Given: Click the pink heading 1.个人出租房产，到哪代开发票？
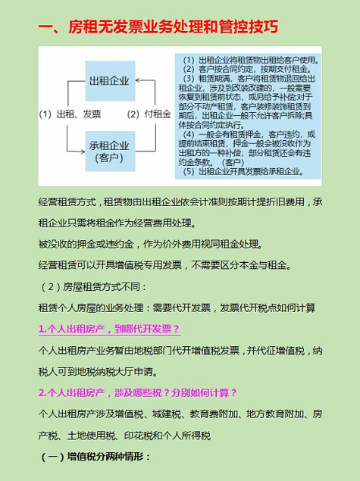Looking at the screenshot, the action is tap(109, 329).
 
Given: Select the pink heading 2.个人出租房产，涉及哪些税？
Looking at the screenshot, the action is tap(138, 392).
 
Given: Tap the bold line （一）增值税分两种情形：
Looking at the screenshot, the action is tap(95, 457).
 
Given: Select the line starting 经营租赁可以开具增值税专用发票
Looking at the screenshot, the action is tap(164, 265).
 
